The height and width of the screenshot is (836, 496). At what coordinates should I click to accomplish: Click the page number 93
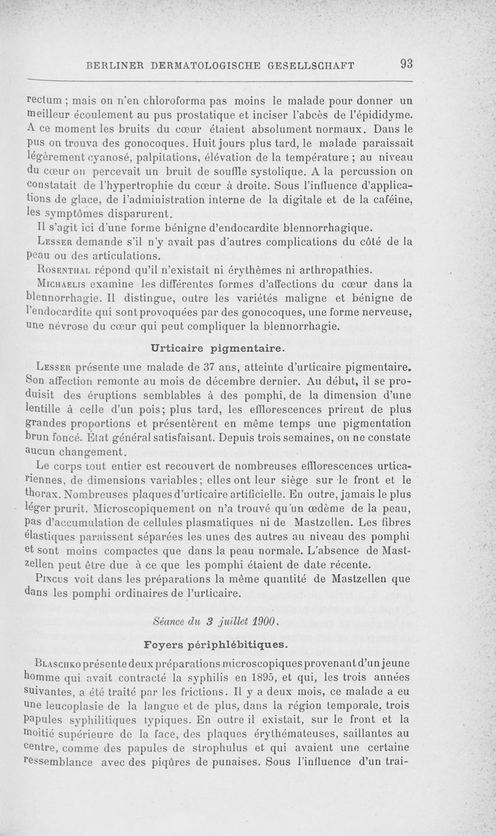pos(407,63)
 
